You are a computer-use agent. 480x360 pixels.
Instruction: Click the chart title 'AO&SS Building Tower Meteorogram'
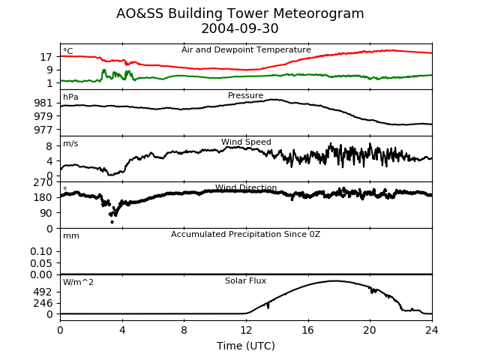240,13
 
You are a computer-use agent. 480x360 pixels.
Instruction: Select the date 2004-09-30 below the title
240,28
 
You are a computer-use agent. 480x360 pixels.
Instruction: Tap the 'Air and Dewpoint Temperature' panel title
246,50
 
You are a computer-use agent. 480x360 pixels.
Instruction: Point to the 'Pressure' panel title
245,95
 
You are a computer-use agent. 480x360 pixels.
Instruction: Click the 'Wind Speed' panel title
246,142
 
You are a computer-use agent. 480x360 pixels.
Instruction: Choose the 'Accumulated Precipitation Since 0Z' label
245,235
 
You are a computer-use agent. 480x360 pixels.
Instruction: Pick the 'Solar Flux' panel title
245,280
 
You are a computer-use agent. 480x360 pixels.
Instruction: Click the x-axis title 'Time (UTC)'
246,346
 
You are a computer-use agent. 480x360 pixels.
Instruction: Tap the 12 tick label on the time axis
246,330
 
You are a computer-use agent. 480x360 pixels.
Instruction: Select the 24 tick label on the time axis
432,330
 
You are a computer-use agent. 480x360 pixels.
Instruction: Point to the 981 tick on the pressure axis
43,103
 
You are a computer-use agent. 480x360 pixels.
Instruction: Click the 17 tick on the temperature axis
46,57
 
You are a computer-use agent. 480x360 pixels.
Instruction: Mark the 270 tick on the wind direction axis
43,183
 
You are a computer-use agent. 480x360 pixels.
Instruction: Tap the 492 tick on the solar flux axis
43,292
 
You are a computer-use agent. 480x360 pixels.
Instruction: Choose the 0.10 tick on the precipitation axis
41,252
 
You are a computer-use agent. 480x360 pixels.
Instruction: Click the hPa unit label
70,97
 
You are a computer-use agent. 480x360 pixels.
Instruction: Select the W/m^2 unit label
78,282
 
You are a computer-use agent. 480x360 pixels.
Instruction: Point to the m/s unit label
70,143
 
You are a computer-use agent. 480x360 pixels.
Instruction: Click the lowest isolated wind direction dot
112,222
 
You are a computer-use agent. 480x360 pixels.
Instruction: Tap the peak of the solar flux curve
334,280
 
